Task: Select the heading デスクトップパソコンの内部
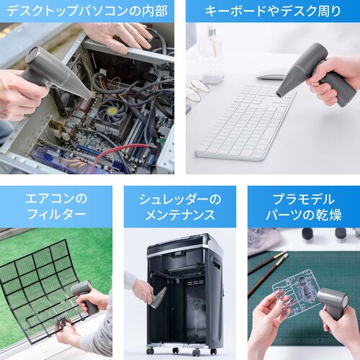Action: tap(86, 11)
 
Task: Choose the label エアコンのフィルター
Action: tap(56, 206)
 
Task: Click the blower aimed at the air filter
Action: tap(83, 295)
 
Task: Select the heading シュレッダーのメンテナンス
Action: tap(179, 206)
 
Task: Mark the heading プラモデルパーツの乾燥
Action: tap(303, 206)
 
